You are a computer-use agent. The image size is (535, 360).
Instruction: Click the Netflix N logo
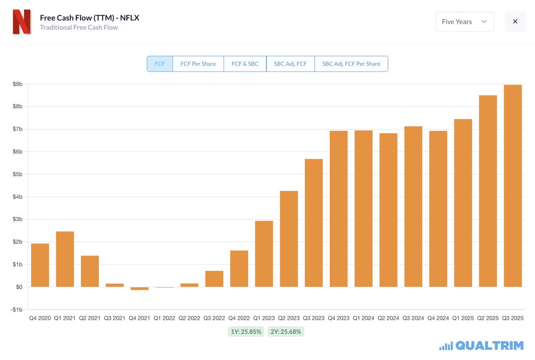click(21, 22)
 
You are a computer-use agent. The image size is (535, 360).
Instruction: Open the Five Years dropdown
click(465, 22)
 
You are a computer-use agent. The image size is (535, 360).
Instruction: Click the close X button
click(515, 22)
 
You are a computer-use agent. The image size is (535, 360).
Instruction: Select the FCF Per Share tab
click(198, 64)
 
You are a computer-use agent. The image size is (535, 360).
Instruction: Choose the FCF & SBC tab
click(245, 64)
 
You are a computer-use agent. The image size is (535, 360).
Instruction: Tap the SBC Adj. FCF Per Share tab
click(351, 64)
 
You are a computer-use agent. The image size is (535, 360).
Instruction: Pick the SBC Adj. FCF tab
click(290, 64)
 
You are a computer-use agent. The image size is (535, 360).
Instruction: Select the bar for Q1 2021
click(65, 259)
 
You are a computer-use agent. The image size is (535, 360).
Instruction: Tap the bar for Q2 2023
click(289, 239)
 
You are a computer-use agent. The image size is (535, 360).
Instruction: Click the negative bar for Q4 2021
click(140, 288)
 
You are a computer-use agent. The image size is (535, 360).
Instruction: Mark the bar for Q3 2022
click(214, 279)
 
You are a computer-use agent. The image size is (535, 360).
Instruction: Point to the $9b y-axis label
click(17, 84)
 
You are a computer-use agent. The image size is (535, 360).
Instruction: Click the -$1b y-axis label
click(16, 310)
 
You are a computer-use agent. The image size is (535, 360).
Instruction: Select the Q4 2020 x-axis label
click(40, 318)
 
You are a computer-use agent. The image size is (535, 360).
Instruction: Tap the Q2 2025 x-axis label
click(488, 318)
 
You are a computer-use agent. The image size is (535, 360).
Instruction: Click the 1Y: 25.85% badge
click(246, 331)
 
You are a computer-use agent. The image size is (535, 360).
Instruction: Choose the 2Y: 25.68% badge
click(286, 331)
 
